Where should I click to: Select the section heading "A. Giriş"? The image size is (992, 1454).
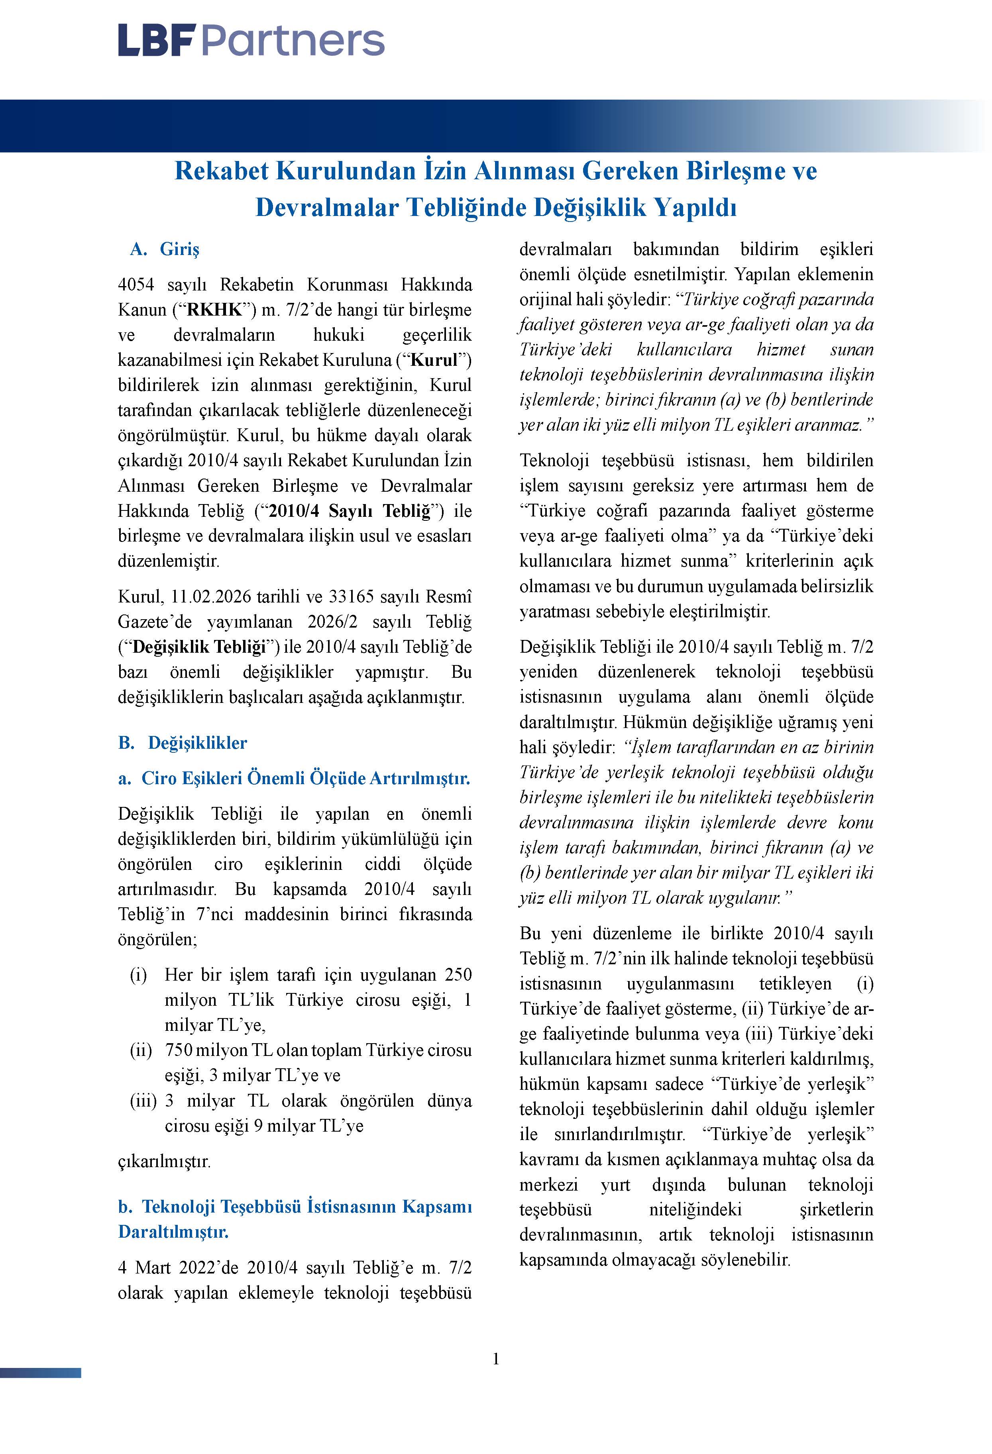click(x=164, y=249)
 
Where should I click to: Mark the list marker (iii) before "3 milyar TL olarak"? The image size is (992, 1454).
click(x=143, y=1101)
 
